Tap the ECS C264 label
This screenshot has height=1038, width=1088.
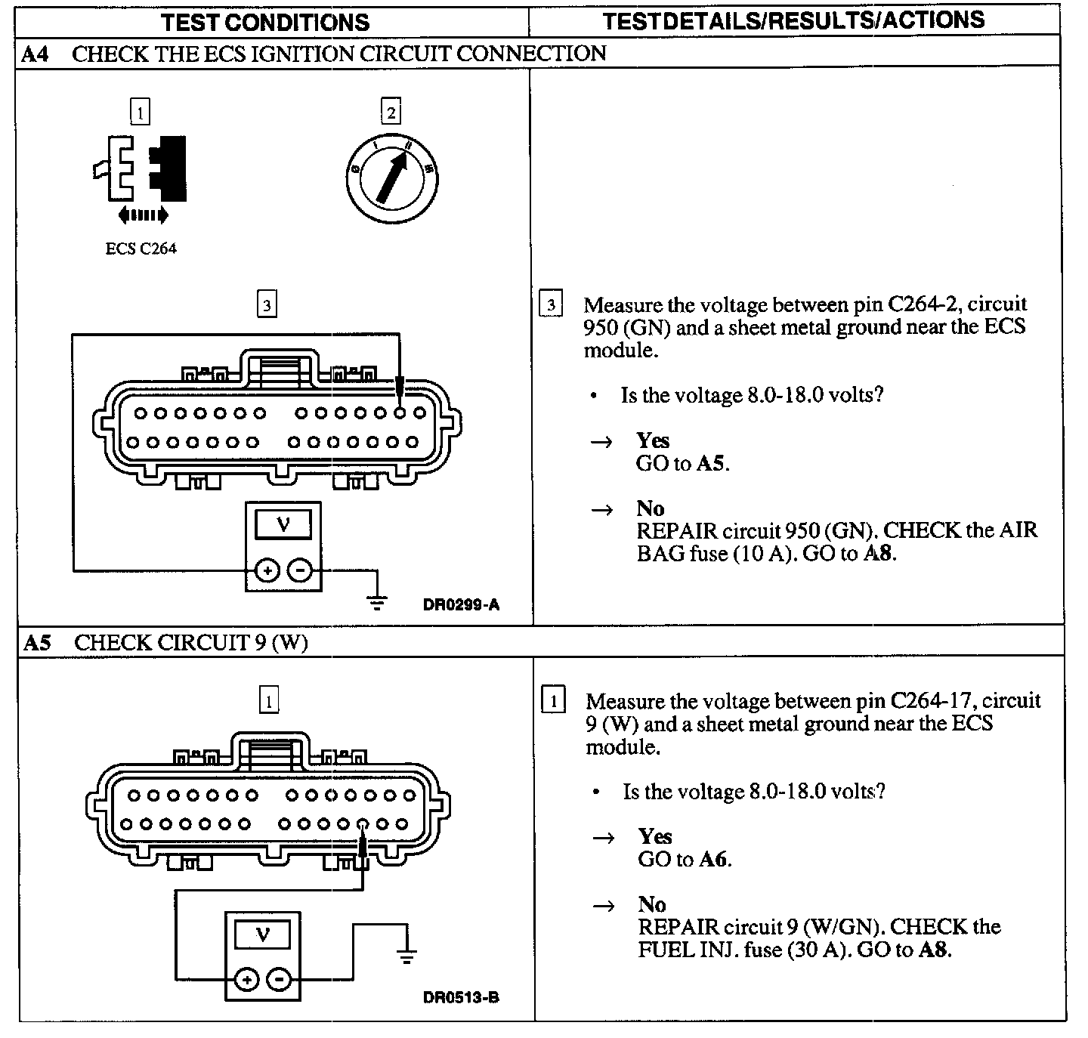[141, 249]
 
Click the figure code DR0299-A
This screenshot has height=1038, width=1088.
[462, 604]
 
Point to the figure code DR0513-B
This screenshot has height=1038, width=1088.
[461, 997]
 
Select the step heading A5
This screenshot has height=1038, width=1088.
[37, 642]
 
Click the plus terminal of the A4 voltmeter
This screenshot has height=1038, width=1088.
[267, 570]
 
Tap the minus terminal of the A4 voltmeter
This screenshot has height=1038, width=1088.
[300, 570]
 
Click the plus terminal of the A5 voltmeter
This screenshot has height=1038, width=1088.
[246, 980]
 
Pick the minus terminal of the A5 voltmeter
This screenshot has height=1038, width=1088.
[280, 980]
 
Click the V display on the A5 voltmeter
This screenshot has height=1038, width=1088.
[262, 935]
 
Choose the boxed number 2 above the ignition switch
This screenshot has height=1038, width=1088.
[391, 113]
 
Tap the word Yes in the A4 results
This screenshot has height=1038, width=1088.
[653, 440]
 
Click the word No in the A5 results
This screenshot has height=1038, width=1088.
[651, 904]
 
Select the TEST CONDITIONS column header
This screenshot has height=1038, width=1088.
[266, 22]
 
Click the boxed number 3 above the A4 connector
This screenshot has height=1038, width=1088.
[267, 305]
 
